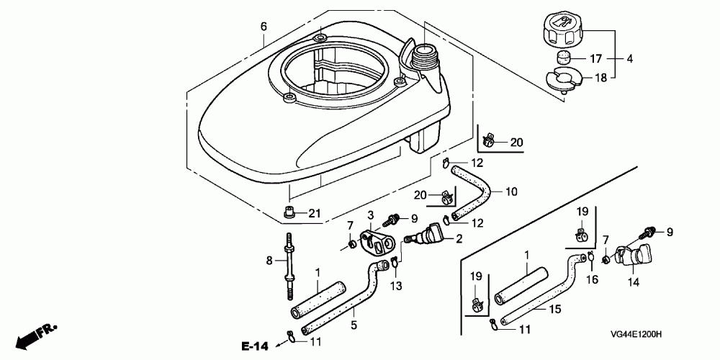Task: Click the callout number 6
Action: click(x=264, y=27)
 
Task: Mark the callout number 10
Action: click(x=510, y=192)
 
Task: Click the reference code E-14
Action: click(x=256, y=347)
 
